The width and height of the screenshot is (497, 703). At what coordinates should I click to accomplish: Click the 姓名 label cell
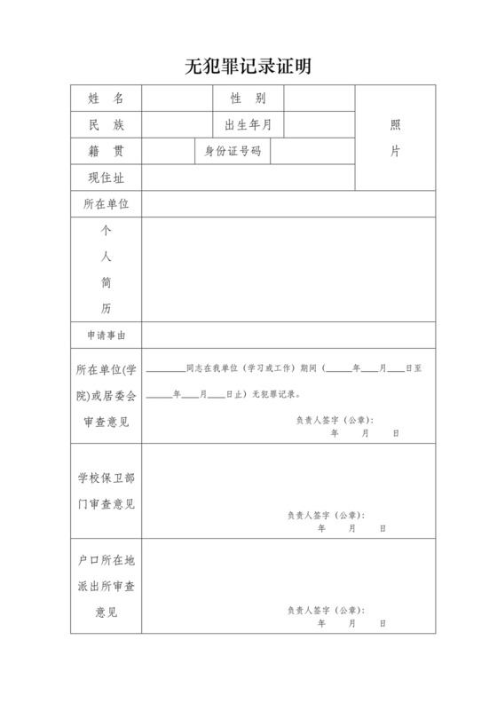[106, 98]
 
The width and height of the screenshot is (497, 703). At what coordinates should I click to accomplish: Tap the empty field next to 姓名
[177, 98]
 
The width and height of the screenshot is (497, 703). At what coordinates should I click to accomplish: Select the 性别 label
[248, 98]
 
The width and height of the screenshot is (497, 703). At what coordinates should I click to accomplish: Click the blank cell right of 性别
[319, 98]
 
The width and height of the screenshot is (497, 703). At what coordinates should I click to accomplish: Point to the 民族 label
[106, 124]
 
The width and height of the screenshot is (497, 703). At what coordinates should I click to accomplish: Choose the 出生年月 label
[248, 124]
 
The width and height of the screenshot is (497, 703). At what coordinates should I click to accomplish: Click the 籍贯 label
[106, 151]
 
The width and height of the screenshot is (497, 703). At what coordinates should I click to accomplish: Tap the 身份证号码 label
[233, 151]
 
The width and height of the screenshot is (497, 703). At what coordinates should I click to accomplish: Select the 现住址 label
[106, 178]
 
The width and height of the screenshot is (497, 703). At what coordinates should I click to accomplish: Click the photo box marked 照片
[395, 138]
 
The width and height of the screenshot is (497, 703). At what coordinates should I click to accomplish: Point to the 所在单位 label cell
[106, 204]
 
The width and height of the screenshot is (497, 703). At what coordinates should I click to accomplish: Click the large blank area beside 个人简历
[288, 269]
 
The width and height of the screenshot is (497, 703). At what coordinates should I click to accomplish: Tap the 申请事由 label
[106, 335]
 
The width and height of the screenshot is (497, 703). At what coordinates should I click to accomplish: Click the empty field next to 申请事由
[288, 335]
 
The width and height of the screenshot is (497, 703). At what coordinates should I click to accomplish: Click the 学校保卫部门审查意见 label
[106, 491]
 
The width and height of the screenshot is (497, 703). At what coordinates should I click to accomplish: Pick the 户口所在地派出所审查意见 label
[106, 587]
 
